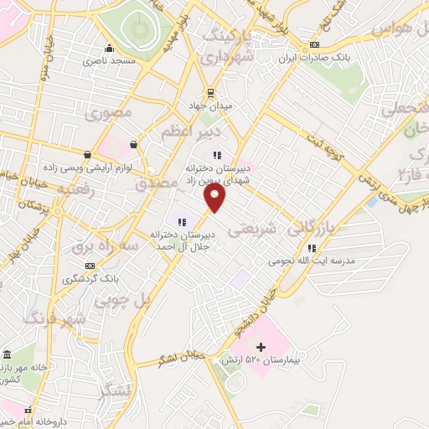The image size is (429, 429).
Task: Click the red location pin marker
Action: (215, 198)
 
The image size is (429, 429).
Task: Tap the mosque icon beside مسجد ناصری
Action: (110, 47)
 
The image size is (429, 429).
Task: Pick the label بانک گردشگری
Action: (84, 277)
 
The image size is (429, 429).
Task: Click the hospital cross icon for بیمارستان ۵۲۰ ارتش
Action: (260, 346)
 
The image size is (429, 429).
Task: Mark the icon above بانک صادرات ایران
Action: (314, 45)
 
